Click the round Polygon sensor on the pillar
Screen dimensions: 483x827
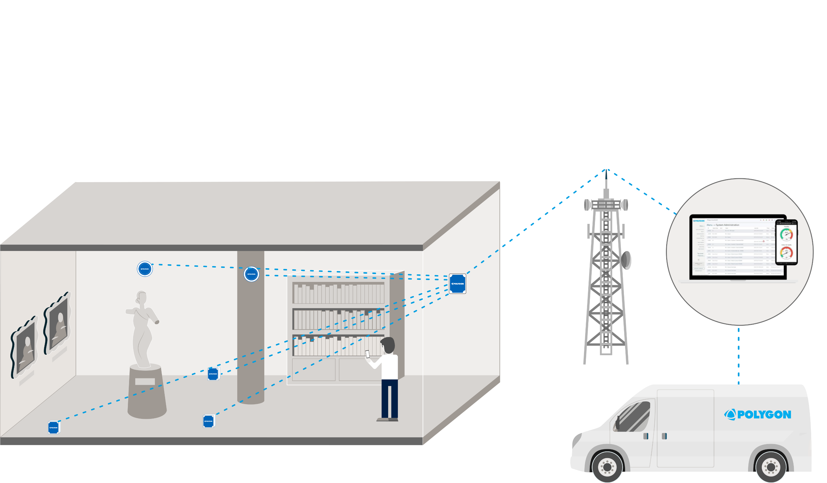click(x=252, y=274)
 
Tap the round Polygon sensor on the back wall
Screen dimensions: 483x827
click(x=145, y=269)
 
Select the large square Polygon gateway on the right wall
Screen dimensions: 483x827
click(x=457, y=284)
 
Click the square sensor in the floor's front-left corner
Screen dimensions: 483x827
click(x=54, y=428)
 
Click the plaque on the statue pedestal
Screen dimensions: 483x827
click(x=145, y=381)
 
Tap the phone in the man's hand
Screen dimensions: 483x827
click(x=368, y=354)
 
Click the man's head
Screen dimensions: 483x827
click(x=388, y=345)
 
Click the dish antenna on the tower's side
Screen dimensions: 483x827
click(x=626, y=260)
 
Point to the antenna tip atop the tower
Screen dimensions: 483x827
click(x=606, y=172)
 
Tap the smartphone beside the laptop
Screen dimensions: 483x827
click(x=786, y=242)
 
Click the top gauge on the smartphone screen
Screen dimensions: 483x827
click(x=786, y=234)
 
